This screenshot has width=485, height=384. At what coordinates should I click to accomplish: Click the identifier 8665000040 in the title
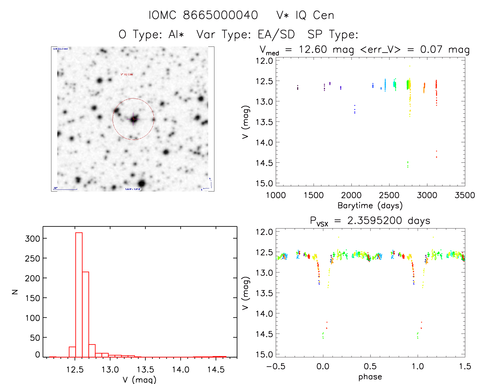(x=220, y=15)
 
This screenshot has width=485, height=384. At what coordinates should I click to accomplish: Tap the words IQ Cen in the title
(x=315, y=15)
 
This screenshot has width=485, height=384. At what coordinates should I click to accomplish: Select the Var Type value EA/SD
(x=276, y=34)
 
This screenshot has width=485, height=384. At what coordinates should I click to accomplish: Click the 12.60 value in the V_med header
(x=313, y=49)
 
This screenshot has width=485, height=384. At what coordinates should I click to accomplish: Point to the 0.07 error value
(x=431, y=49)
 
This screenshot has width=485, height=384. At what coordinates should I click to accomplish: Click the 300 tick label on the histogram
(x=33, y=239)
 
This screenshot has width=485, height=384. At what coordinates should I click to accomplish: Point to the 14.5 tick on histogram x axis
(x=216, y=369)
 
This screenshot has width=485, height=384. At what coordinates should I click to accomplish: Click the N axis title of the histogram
(x=15, y=292)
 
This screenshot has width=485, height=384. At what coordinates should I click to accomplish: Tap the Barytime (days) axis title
(x=370, y=205)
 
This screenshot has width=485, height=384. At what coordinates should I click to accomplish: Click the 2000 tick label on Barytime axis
(x=351, y=195)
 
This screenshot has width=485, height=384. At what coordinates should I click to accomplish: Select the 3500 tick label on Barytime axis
(x=464, y=195)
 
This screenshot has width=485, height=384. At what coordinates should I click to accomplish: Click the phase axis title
(x=370, y=377)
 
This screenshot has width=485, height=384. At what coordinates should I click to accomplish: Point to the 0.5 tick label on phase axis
(x=370, y=366)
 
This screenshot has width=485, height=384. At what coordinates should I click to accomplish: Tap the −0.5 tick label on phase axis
(x=275, y=366)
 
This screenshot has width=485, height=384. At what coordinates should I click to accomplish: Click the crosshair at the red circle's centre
(x=133, y=119)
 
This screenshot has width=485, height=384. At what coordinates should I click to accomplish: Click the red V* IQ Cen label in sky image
(x=127, y=74)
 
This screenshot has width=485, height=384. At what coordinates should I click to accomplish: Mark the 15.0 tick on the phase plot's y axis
(x=264, y=354)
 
